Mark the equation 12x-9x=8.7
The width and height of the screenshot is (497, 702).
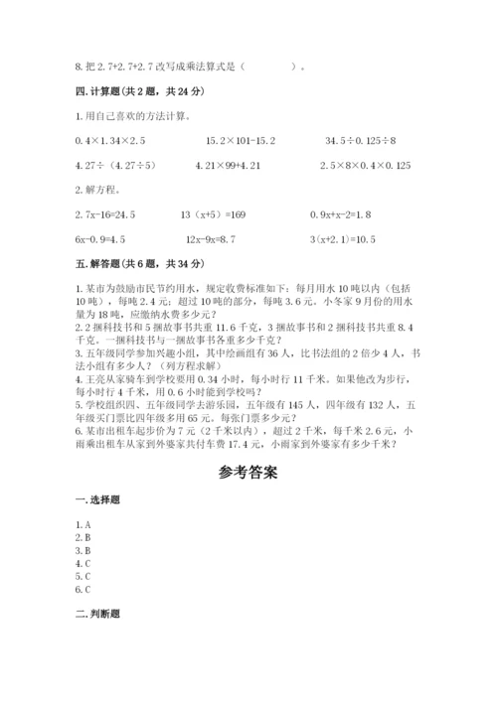coord(221,238)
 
